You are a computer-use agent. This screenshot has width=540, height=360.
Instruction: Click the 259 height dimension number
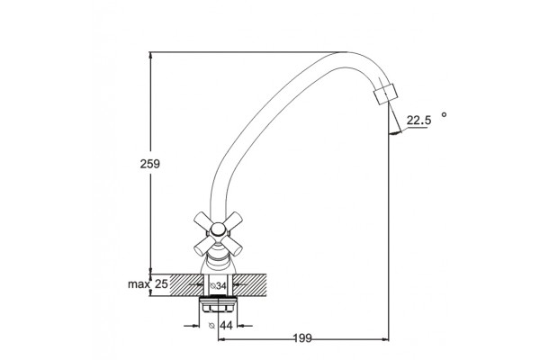[149, 164]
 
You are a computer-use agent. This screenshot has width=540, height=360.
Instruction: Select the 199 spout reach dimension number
[302, 338]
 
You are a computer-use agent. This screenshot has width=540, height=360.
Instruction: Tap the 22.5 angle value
[418, 121]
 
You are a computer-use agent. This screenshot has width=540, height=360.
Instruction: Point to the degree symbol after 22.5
[444, 114]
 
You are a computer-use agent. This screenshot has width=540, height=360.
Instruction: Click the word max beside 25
[139, 284]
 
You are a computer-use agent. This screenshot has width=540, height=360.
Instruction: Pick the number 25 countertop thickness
[161, 283]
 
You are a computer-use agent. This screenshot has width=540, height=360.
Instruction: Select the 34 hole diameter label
[221, 286]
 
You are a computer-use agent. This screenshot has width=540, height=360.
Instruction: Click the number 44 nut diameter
[226, 325]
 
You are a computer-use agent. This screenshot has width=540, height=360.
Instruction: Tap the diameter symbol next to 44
[211, 325]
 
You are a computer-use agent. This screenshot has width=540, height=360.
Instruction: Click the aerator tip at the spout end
[385, 94]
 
